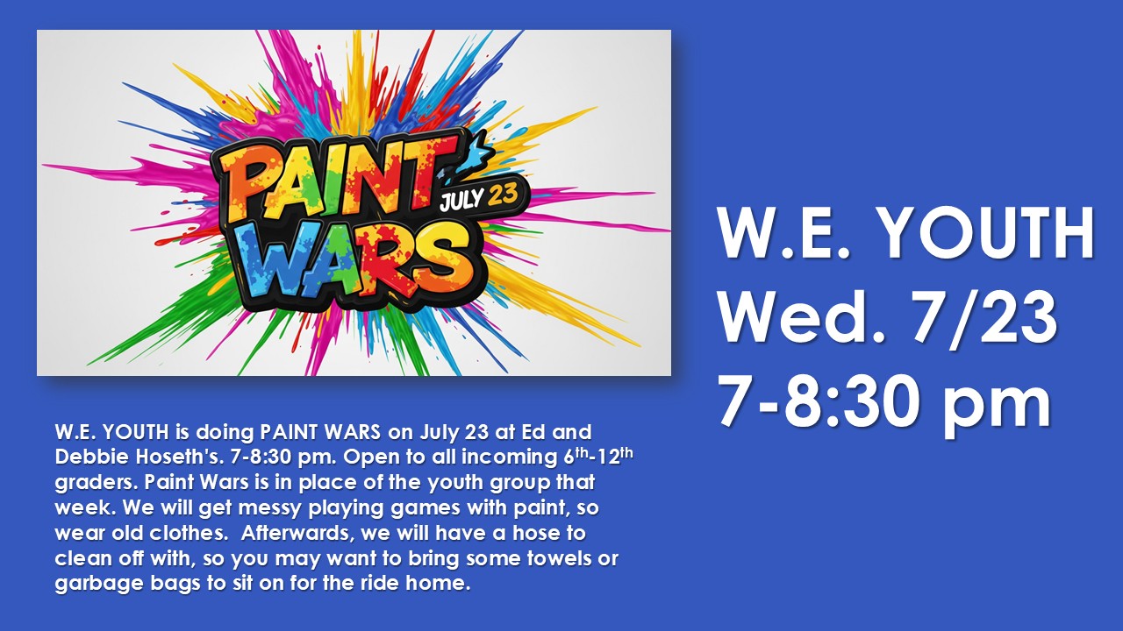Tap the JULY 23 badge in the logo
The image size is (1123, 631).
(x=478, y=198)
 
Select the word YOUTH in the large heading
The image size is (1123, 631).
(x=987, y=232)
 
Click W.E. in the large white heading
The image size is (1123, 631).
(x=784, y=232)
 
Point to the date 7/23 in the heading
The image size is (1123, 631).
(x=984, y=317)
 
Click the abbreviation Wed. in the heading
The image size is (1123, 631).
(x=802, y=317)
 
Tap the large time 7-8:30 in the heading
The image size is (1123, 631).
(x=821, y=401)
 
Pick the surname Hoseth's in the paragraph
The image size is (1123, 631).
(x=180, y=457)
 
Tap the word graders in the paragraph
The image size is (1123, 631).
(x=97, y=483)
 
